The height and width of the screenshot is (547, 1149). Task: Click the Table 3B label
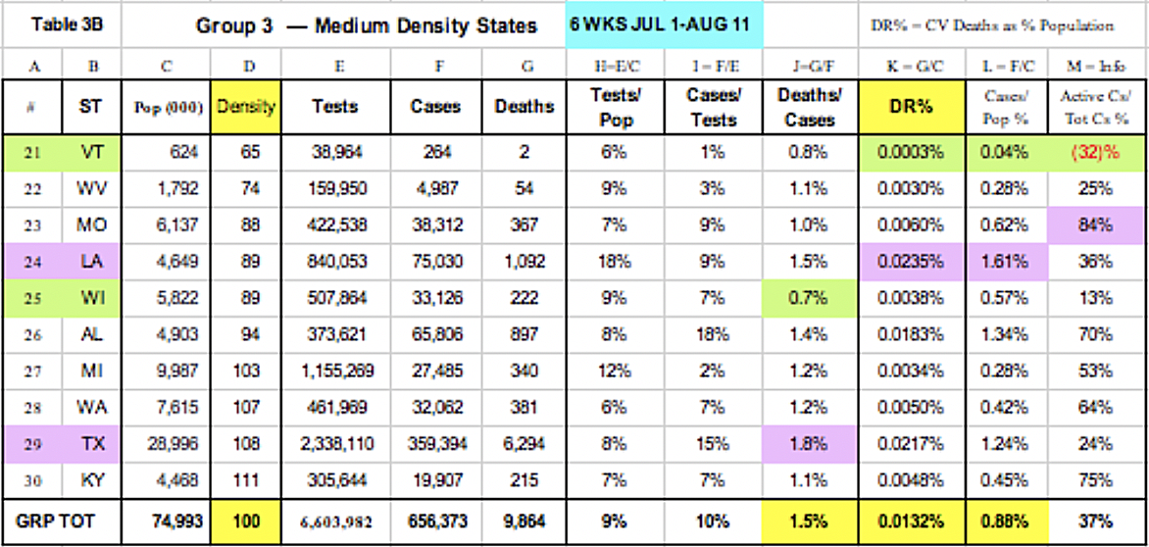click(61, 25)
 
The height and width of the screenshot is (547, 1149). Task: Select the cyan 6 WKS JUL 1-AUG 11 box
click(665, 25)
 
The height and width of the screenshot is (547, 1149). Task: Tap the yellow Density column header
click(249, 107)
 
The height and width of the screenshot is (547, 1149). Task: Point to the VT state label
click(90, 154)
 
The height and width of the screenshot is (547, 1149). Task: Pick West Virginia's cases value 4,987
click(435, 190)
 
